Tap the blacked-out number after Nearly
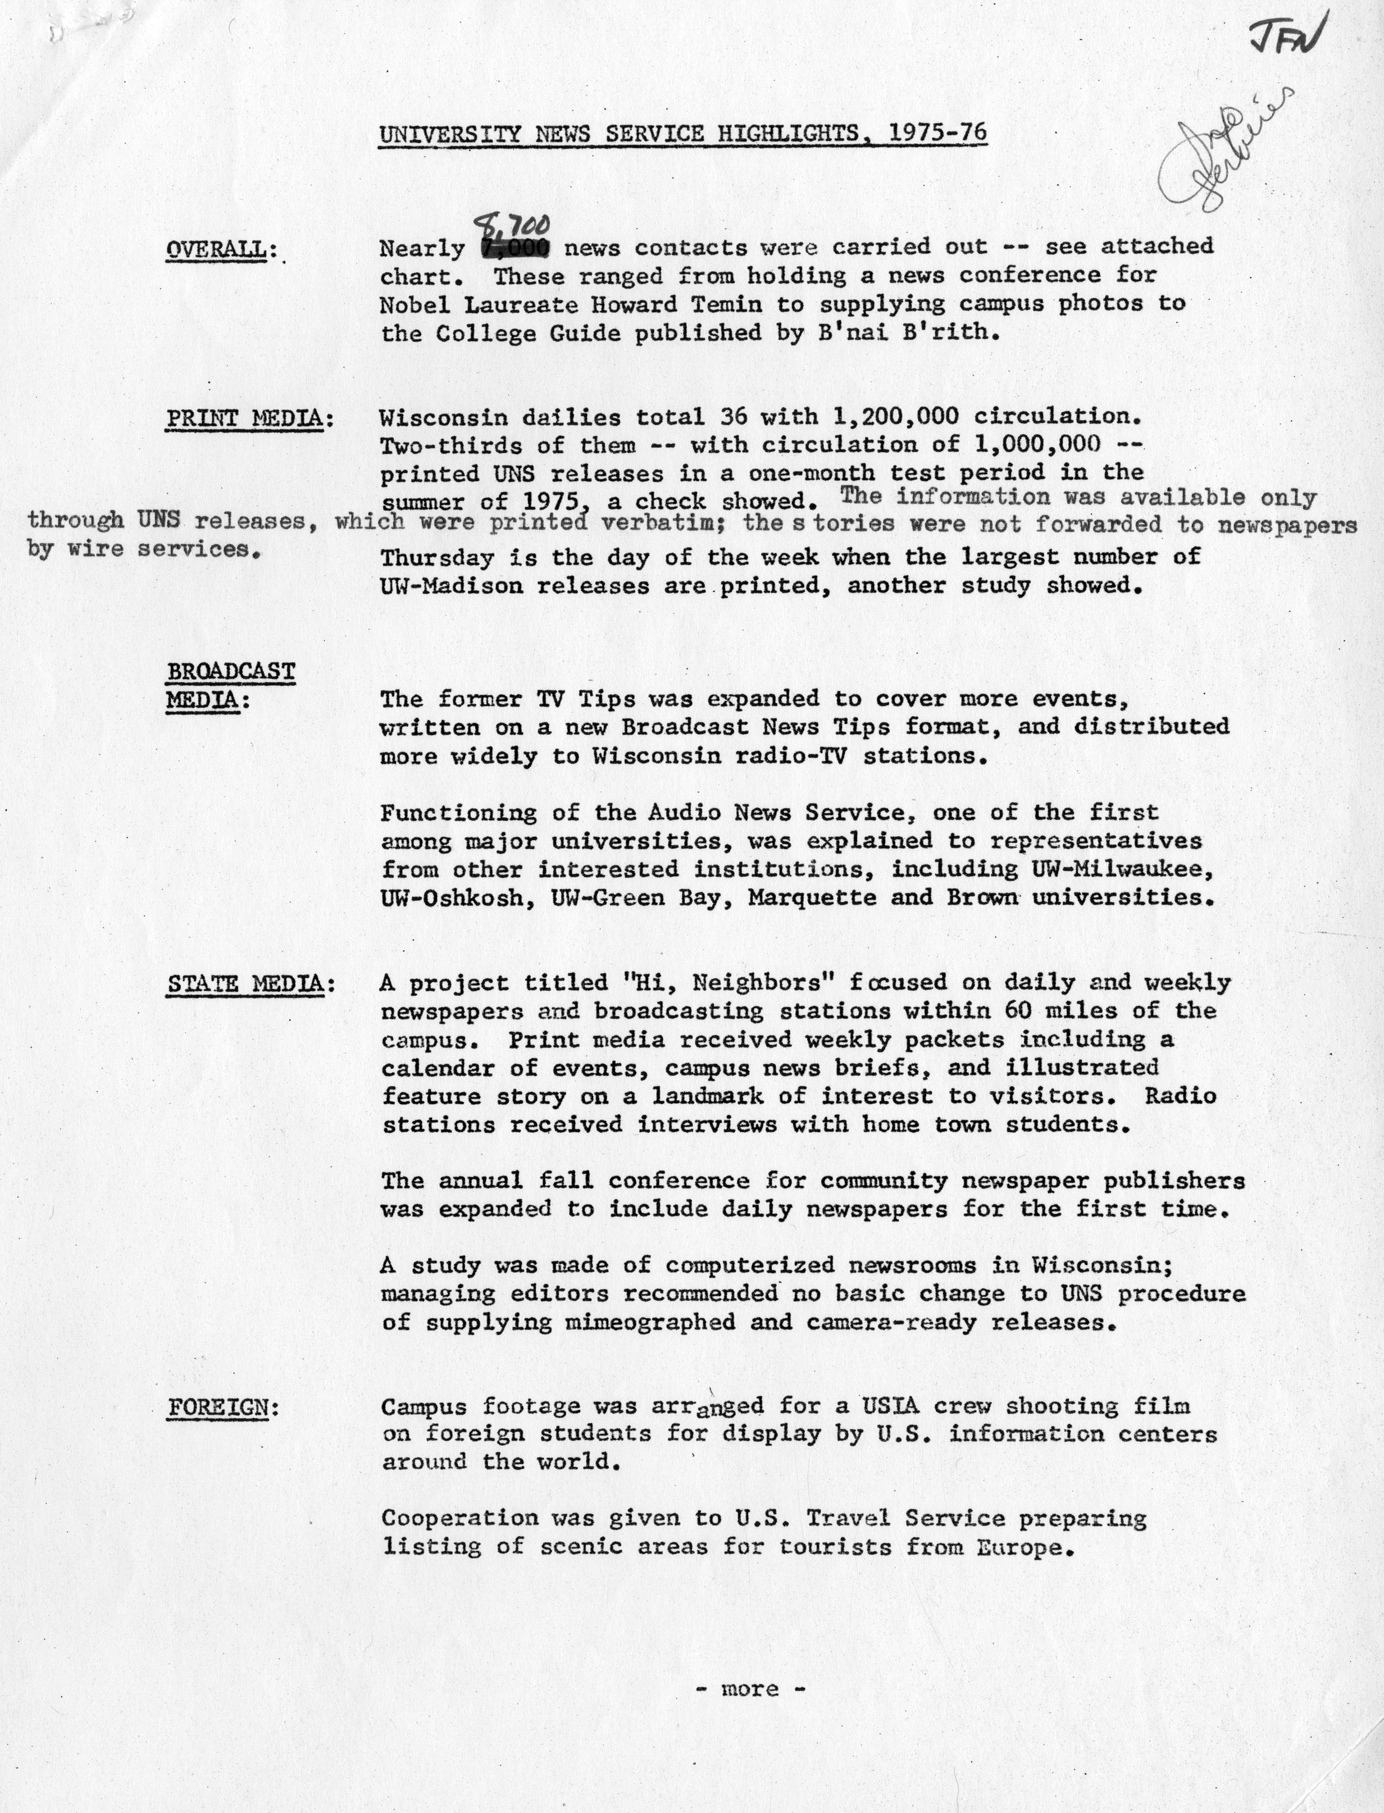point(515,248)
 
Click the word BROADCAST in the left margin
point(231,671)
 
